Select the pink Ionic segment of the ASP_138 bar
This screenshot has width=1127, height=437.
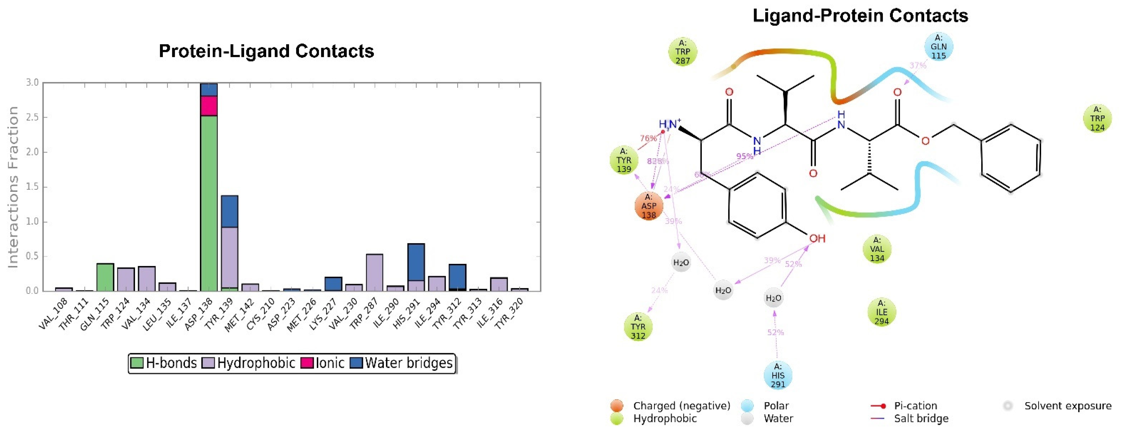click(209, 105)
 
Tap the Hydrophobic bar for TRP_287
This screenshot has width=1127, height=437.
click(374, 273)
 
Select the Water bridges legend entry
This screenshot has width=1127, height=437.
click(402, 363)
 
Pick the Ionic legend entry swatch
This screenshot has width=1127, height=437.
click(307, 363)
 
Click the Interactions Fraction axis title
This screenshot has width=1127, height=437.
click(13, 187)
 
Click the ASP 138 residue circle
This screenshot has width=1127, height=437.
click(648, 206)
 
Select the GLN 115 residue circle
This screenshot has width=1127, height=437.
click(938, 46)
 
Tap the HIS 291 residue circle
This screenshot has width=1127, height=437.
click(777, 375)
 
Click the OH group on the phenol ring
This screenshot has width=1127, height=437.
click(816, 238)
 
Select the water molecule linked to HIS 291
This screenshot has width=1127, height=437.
click(773, 298)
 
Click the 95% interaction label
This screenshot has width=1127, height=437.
click(744, 156)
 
